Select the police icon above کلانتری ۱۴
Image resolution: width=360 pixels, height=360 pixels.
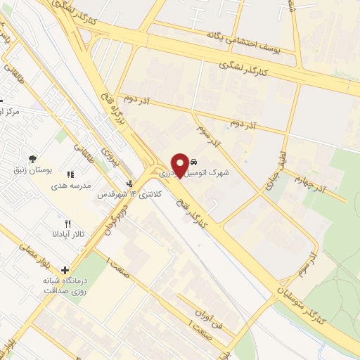[x=129, y=185]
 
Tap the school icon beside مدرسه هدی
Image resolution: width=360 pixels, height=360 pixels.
[x=69, y=174]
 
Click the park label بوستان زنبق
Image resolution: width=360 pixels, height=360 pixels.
[x=32, y=169]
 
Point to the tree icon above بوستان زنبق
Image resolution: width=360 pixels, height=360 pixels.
[x=32, y=160]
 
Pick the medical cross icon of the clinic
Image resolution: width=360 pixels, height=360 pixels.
[x=65, y=270]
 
